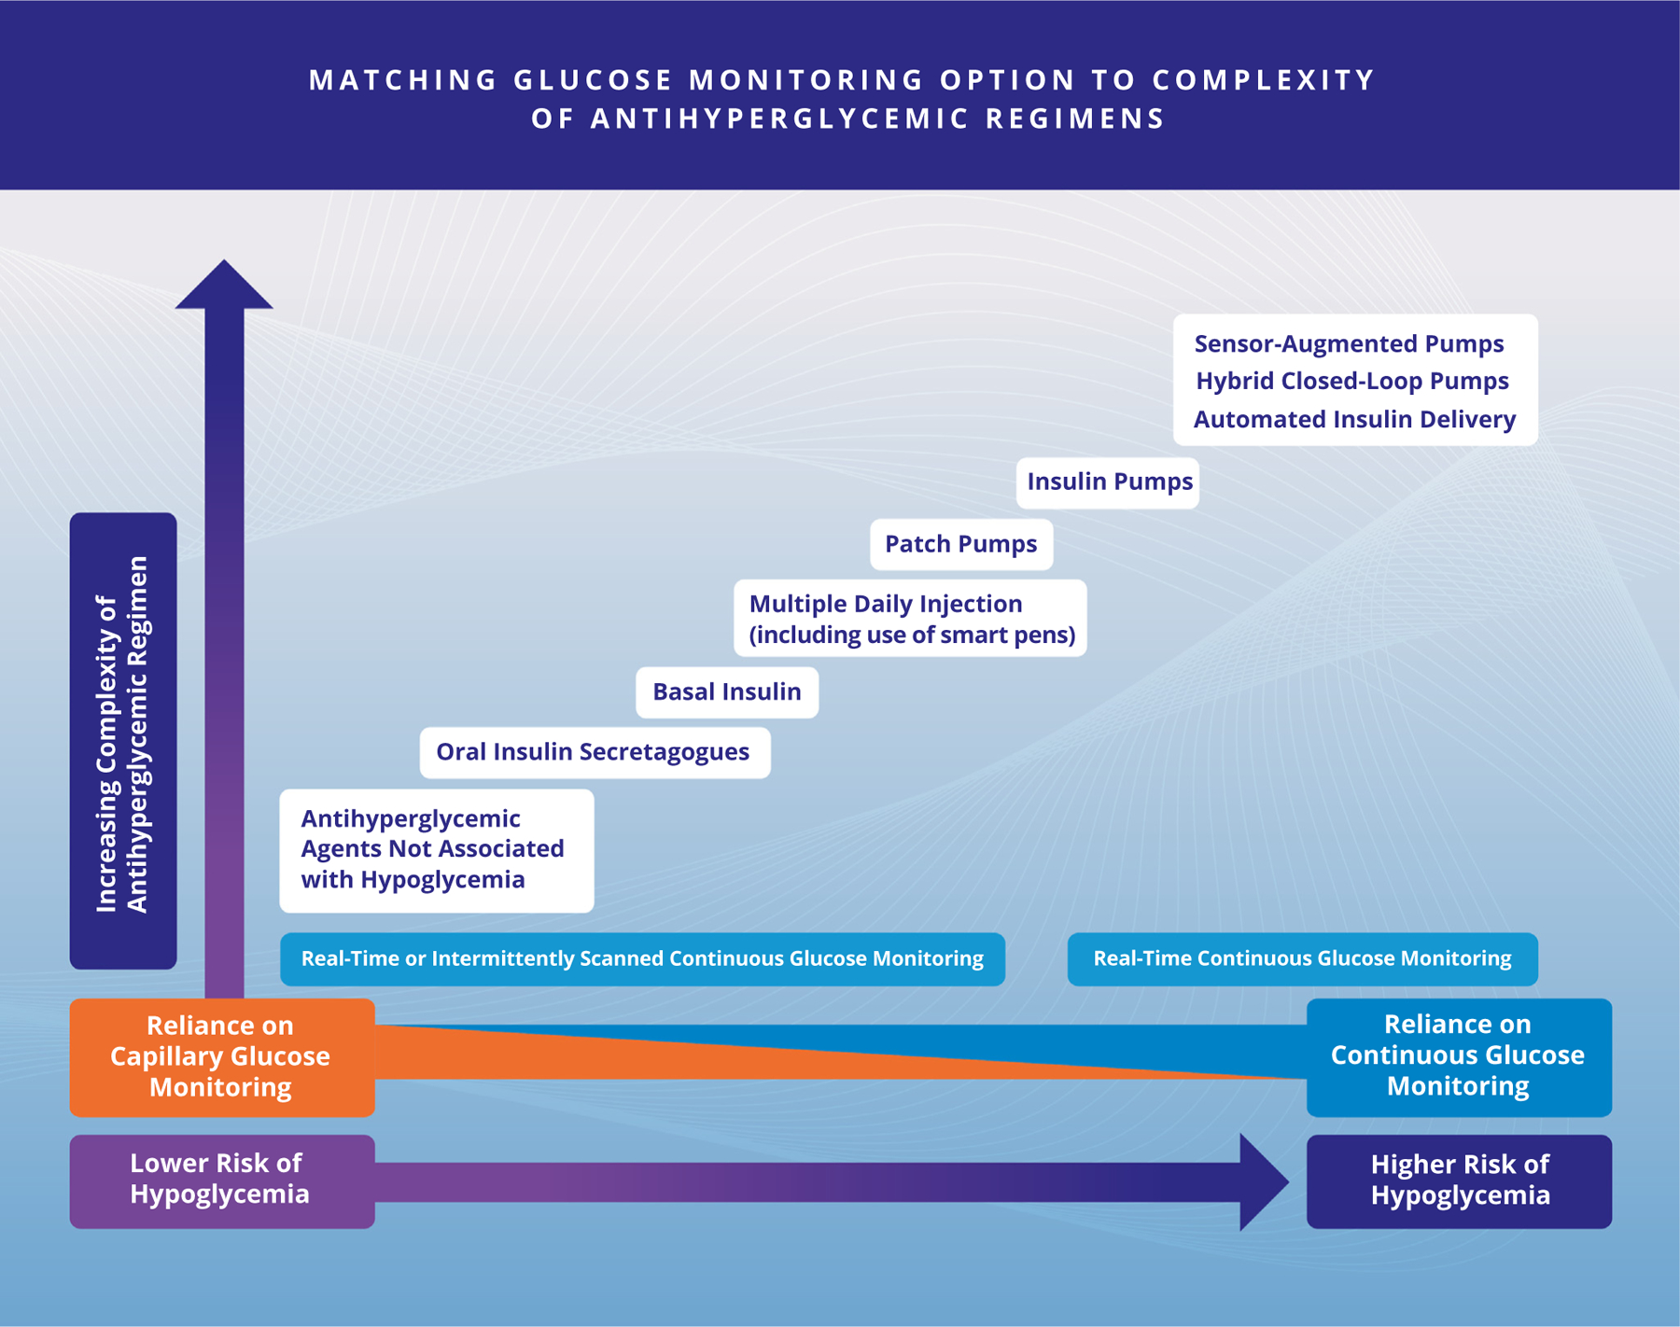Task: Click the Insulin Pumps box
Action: point(1108,482)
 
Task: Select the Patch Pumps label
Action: point(961,544)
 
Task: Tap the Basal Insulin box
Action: point(727,692)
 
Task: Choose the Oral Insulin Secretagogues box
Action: point(595,752)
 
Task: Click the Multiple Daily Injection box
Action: point(910,619)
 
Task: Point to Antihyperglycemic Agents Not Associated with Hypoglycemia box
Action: point(436,850)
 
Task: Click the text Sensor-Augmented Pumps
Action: point(1349,344)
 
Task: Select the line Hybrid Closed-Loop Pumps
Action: point(1352,382)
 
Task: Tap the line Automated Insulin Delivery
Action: point(1354,420)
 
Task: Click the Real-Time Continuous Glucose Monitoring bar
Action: point(1302,959)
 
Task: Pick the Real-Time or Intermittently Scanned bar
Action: point(642,959)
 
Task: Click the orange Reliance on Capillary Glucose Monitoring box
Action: point(222,1057)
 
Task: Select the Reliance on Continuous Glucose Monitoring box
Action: point(1458,1056)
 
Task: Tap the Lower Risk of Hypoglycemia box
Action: point(222,1180)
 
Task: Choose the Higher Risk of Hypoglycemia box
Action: point(1459,1180)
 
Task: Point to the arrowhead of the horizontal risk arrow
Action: point(1263,1182)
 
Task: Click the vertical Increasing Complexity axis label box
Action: point(123,740)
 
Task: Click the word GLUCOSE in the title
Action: point(594,80)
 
